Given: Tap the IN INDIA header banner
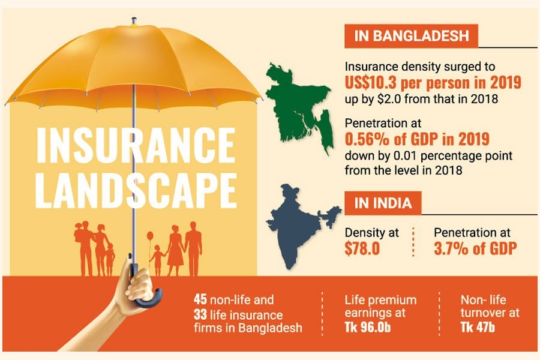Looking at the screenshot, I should point(382,203).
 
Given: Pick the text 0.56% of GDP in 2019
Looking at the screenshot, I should point(417,140).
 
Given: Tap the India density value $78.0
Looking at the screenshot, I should point(362,248).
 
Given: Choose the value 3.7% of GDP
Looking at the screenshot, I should point(475,248).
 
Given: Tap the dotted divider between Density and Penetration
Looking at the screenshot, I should point(414,242).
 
